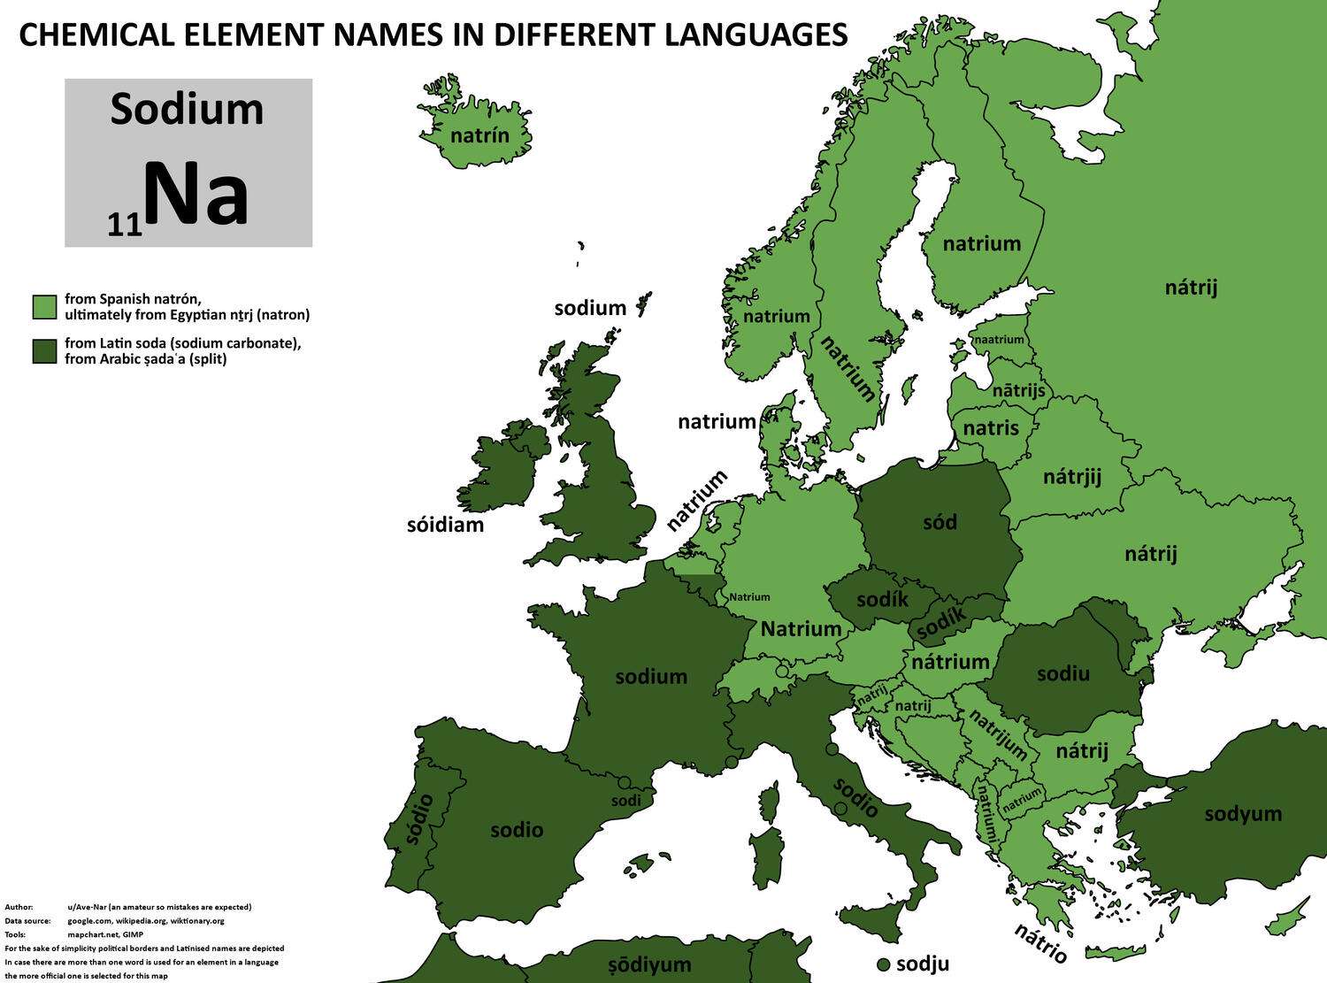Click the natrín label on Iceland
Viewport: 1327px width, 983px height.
click(479, 135)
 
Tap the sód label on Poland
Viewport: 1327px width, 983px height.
click(940, 522)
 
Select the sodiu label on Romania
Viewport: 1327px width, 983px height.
click(1062, 673)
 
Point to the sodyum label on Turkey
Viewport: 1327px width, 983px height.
click(1243, 813)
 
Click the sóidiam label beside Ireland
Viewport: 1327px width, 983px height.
click(445, 525)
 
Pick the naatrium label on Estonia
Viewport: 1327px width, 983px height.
click(999, 339)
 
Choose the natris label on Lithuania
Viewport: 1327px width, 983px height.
click(991, 428)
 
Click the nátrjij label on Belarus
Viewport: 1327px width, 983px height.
click(1072, 477)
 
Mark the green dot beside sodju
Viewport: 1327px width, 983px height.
click(882, 964)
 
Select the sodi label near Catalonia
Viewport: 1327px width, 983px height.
click(626, 800)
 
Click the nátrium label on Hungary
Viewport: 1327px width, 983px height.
click(950, 662)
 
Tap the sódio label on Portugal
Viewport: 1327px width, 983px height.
click(418, 818)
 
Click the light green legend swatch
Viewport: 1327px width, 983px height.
click(43, 307)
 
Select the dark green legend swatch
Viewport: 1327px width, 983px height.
click(43, 351)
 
